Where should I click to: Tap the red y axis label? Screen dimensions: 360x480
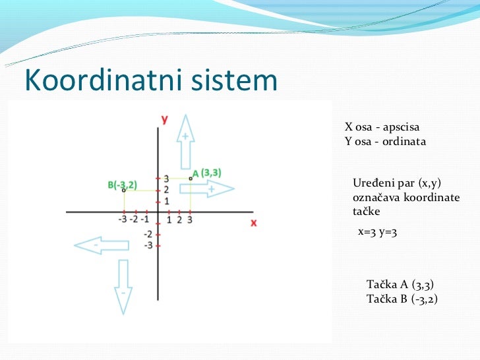[164, 119]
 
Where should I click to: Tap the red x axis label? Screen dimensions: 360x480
[253, 223]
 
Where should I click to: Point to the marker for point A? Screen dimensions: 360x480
[190, 178]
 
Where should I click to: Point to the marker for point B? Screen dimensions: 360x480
[123, 190]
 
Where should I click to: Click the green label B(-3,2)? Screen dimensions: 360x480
[122, 185]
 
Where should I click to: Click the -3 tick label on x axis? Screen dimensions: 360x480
[123, 220]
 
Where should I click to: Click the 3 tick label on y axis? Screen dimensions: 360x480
[166, 179]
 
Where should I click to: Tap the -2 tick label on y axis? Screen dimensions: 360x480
[149, 235]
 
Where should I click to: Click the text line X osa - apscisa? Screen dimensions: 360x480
[382, 127]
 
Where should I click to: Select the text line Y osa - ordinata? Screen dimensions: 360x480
[385, 141]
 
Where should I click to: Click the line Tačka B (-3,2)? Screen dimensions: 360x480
[402, 299]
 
